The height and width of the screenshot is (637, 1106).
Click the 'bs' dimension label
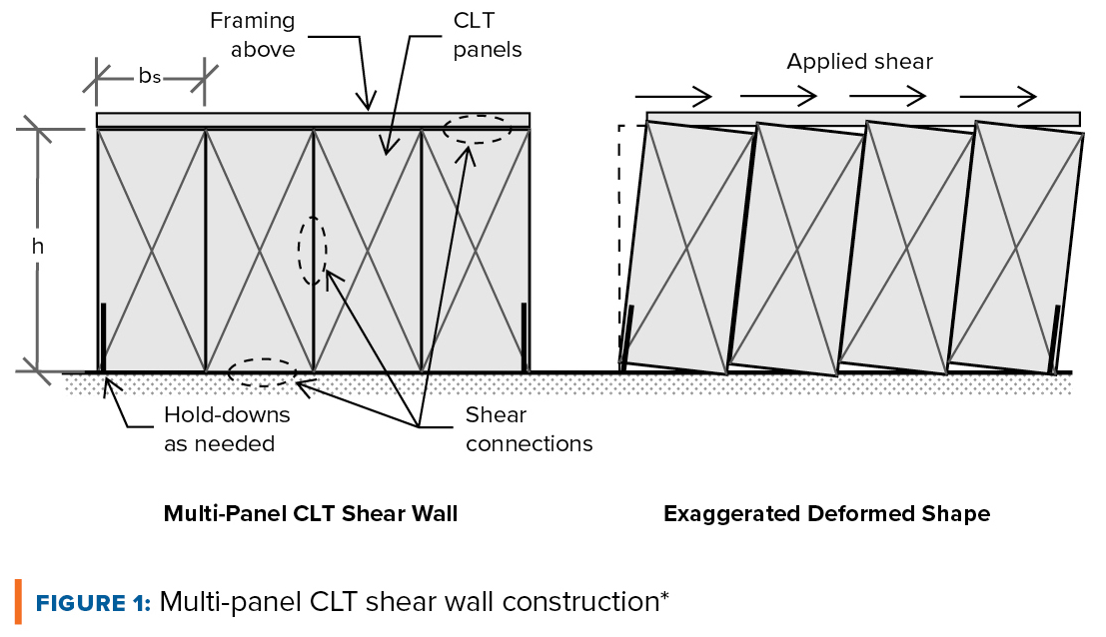point(150,76)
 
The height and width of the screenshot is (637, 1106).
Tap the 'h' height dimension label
point(37,246)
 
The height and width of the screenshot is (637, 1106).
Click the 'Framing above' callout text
point(253,35)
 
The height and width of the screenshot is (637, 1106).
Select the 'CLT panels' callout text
point(488,35)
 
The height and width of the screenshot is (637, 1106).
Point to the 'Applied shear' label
point(860,61)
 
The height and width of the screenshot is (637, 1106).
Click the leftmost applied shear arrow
point(673,97)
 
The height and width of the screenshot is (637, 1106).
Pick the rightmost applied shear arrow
point(998,97)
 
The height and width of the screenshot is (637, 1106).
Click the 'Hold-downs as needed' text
point(227,429)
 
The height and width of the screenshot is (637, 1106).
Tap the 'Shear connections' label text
point(529,429)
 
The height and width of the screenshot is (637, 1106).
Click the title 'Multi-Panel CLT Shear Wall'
point(311,513)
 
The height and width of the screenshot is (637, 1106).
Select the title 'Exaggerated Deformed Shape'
point(826,513)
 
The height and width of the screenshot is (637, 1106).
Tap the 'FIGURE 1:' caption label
point(93,603)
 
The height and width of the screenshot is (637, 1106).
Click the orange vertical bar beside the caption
point(18,602)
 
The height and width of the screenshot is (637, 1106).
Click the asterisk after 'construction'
point(664,596)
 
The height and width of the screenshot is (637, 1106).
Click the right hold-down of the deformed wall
point(1055,339)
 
